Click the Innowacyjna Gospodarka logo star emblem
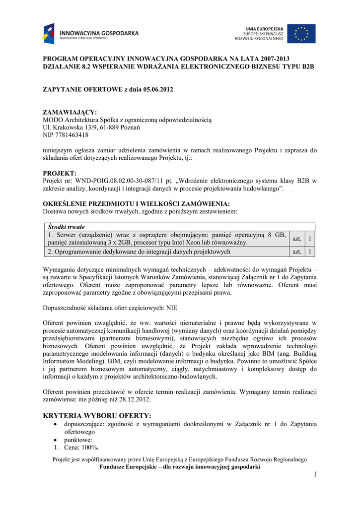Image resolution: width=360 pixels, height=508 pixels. (50, 34)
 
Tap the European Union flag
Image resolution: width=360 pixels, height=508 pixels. (301, 34)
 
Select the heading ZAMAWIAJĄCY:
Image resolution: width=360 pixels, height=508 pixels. (70, 113)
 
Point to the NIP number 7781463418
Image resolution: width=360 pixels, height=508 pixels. (72, 135)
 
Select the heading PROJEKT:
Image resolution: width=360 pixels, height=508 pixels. (60, 173)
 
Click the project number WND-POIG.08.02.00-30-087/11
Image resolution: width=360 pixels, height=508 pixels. (116, 181)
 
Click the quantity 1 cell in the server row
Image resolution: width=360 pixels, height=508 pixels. (310, 239)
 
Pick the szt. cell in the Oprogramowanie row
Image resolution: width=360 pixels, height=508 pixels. (297, 252)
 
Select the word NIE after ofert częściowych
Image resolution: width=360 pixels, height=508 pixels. (172, 308)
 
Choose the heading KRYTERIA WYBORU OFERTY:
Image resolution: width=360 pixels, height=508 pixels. (97, 415)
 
